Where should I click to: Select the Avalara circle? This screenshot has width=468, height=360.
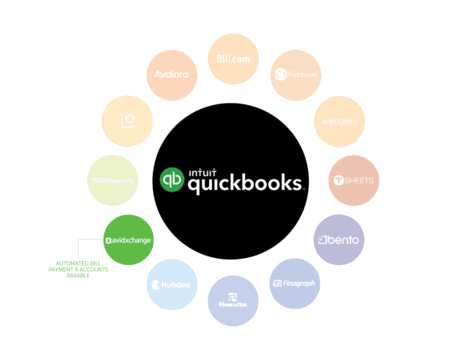[172, 76]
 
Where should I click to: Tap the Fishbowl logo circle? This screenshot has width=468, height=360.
[295, 75]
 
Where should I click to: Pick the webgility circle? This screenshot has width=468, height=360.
[339, 122]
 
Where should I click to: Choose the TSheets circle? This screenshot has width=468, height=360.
[353, 180]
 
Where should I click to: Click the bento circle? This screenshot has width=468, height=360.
[337, 239]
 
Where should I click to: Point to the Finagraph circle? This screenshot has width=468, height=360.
[293, 283]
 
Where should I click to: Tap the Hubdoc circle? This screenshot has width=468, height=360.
[172, 284]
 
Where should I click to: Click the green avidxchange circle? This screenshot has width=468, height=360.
[129, 240]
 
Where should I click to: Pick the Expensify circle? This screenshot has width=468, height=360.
[112, 181]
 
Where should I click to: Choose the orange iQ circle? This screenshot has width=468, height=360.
[128, 120]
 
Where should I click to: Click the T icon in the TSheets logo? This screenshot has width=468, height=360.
[339, 181]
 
